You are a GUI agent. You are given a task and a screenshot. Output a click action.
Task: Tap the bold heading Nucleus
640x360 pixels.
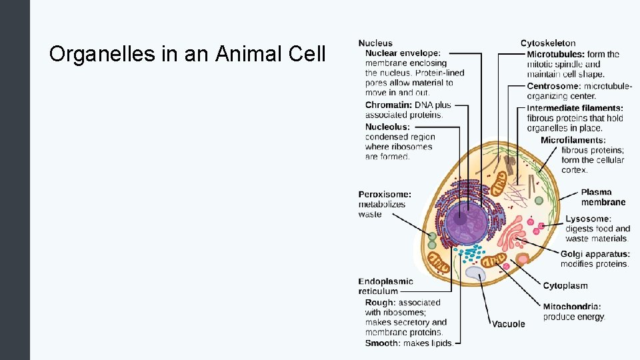tap(375, 43)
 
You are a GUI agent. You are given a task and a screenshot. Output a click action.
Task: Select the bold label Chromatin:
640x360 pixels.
tap(389, 105)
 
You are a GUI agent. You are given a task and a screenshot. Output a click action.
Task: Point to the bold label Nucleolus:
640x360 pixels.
tap(387, 127)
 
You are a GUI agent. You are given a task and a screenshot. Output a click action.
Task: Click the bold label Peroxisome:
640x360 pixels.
tap(385, 194)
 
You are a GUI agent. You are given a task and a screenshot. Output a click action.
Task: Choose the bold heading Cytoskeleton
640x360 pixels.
tap(548, 43)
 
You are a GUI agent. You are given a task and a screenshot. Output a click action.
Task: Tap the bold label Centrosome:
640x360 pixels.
tap(553, 86)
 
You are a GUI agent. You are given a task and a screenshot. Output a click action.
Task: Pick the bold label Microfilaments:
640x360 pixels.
tap(573, 140)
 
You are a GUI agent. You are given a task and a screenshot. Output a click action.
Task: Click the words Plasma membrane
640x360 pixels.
tap(603, 197)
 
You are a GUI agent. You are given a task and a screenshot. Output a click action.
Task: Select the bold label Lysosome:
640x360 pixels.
tap(587, 219)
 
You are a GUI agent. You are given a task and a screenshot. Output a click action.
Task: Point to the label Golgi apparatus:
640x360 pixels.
tap(595, 254)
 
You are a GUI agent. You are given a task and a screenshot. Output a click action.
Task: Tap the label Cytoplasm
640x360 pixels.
tap(565, 286)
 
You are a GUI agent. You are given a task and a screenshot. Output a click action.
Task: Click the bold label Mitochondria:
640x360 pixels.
tap(572, 307)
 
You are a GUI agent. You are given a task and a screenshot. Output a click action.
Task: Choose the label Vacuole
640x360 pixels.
tap(509, 324)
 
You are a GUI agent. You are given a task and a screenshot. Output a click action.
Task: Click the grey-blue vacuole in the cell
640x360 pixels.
tap(475, 273)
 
